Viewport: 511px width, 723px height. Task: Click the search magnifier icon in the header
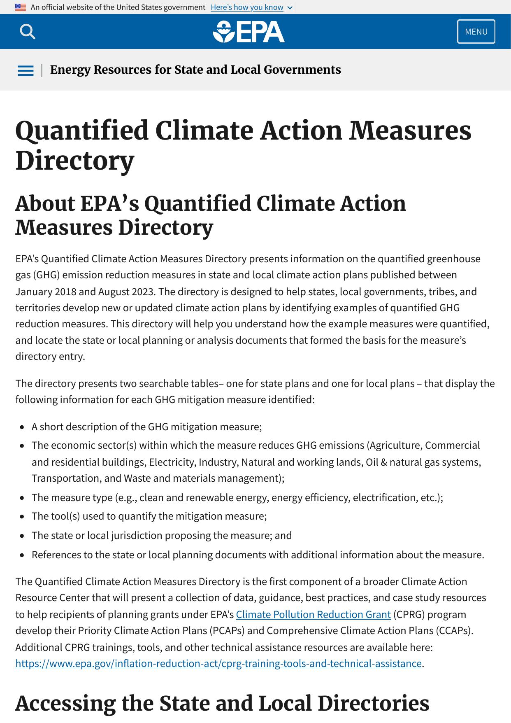pos(28,32)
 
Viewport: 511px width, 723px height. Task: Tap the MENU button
pos(476,32)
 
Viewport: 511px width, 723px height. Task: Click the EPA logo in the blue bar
pos(249,32)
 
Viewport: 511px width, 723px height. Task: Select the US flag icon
pos(21,7)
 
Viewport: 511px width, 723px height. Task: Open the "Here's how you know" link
pos(247,7)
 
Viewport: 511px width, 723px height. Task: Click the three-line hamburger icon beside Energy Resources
pos(26,70)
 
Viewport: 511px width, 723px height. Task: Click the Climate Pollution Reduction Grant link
pos(313,614)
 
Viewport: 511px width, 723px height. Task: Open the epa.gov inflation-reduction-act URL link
pos(218,663)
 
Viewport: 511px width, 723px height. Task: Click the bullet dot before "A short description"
pos(22,427)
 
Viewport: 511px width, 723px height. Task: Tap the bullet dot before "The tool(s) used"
pos(22,517)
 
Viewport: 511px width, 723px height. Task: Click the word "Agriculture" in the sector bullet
pos(395,445)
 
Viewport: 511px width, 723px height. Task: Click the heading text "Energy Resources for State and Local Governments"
pos(195,70)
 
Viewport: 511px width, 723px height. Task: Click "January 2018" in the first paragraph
pos(46,292)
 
